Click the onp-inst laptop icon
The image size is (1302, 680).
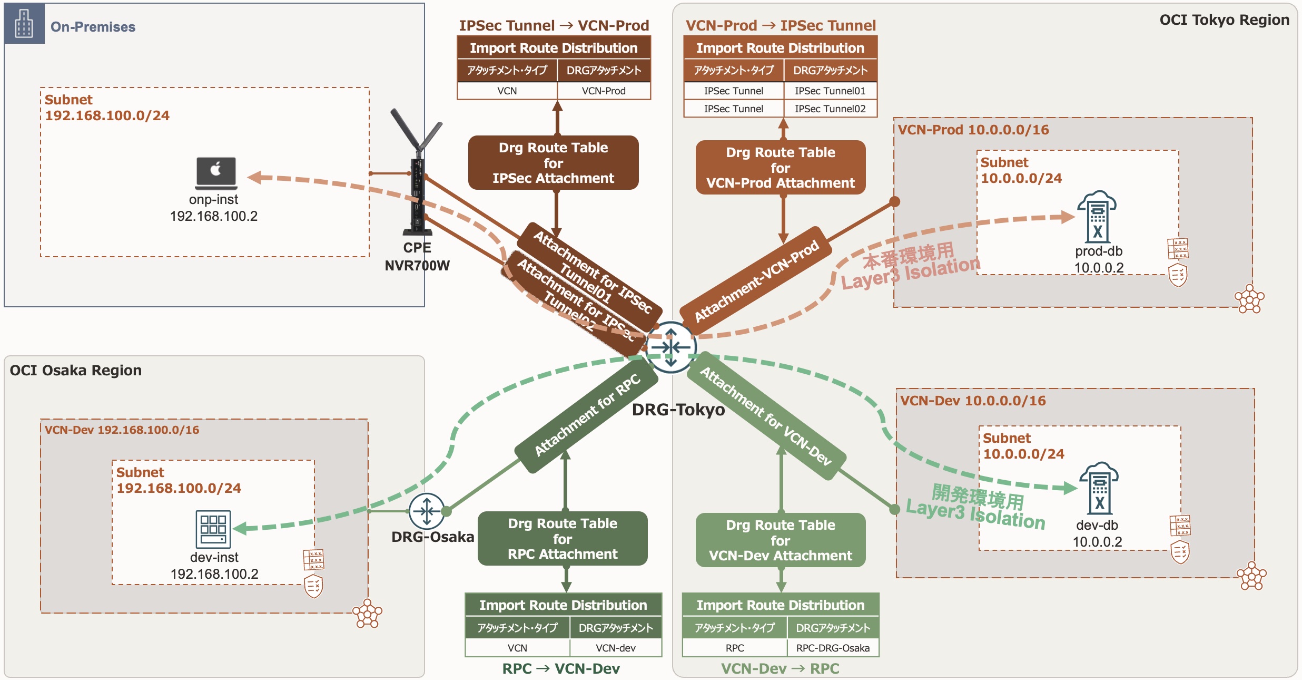216,173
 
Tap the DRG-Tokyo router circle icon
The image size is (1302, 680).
671,347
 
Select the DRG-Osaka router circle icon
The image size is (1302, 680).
427,511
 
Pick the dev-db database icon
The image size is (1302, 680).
1099,489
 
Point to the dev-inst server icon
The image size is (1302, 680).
213,529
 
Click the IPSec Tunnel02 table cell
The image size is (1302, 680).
830,109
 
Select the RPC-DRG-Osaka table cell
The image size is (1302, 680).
833,648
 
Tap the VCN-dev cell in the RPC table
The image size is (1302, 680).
615,648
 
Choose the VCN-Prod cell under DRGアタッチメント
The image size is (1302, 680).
604,91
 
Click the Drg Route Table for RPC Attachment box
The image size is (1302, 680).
563,539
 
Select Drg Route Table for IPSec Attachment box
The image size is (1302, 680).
553,163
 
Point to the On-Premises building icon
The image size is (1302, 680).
24,24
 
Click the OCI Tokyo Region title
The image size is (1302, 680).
1224,20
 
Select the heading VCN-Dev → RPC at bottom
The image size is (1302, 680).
780,668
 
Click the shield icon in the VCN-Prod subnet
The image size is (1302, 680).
1178,275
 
